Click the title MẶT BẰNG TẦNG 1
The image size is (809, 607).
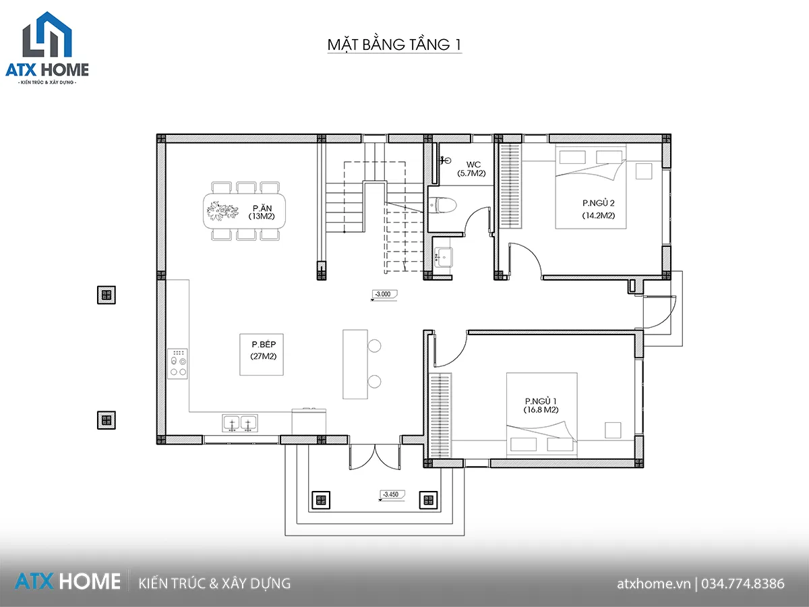pyautogui.click(x=394, y=45)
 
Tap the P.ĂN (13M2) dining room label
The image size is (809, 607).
pyautogui.click(x=262, y=212)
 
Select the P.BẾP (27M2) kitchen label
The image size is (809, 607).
pyautogui.click(x=264, y=350)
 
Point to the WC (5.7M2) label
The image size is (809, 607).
pyautogui.click(x=471, y=169)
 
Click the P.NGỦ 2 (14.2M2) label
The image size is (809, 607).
pyautogui.click(x=599, y=209)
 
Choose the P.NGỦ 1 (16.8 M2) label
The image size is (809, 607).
pyautogui.click(x=541, y=405)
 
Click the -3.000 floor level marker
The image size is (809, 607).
pyautogui.click(x=384, y=295)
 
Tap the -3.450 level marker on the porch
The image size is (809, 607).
pyautogui.click(x=392, y=494)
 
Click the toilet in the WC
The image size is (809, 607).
pyautogui.click(x=443, y=204)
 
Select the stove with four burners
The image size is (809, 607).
pyautogui.click(x=178, y=364)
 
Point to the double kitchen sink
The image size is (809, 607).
pyautogui.click(x=240, y=423)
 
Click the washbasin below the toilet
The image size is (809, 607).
pyautogui.click(x=444, y=256)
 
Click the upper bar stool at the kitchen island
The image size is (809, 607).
pyautogui.click(x=374, y=346)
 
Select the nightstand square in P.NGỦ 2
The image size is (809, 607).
pyautogui.click(x=644, y=171)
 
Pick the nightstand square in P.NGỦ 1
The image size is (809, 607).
pyautogui.click(x=613, y=430)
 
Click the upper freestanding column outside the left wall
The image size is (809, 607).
pyautogui.click(x=107, y=295)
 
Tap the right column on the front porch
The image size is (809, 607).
pyautogui.click(x=428, y=500)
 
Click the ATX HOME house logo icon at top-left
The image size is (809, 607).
pyautogui.click(x=47, y=34)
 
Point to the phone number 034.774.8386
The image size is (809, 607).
pyautogui.click(x=743, y=584)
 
